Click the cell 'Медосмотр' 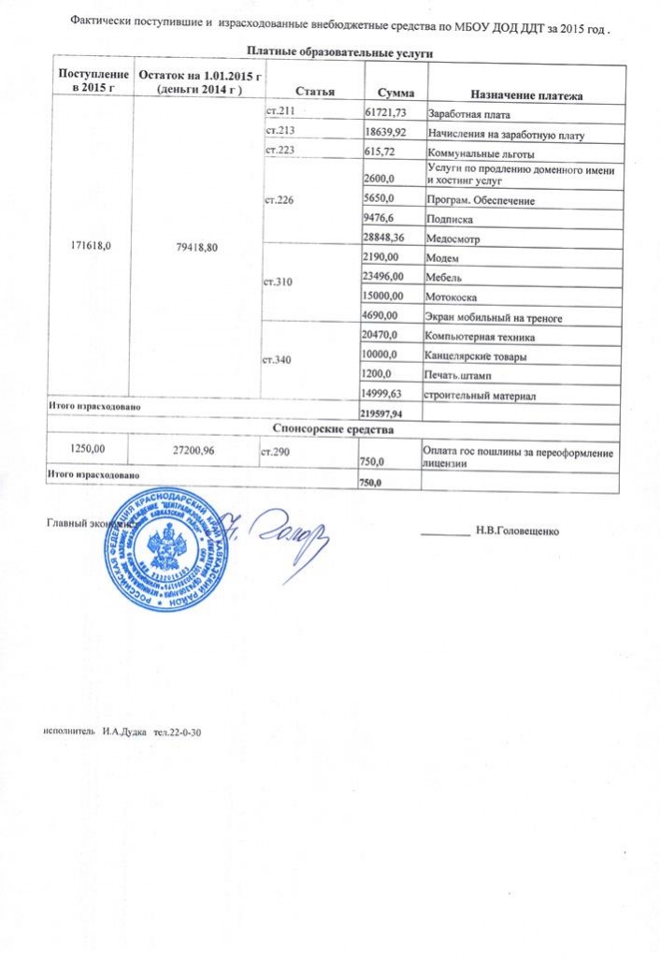tap(450, 239)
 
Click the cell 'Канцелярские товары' tap(475, 356)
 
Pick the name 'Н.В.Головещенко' tap(517, 532)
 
